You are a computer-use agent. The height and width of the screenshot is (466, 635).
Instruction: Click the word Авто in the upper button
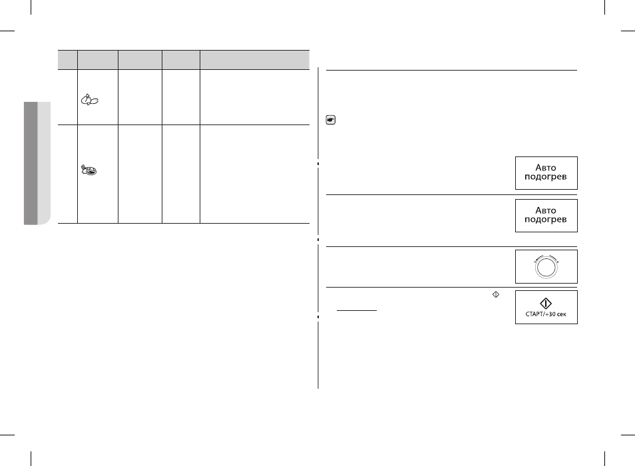pos(546,168)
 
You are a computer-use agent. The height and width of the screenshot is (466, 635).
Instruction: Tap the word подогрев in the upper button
pos(546,177)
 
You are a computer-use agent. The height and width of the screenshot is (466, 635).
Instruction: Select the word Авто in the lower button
pos(546,210)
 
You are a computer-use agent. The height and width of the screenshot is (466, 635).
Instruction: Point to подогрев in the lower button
pos(546,220)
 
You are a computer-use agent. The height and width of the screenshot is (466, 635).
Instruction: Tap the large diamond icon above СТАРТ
pos(546,304)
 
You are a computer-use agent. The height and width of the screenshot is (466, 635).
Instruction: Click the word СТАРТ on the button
pos(535,314)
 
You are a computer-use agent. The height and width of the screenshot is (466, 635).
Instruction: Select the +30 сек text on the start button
pos(556,314)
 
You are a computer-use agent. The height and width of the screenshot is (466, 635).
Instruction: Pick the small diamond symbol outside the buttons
pos(496,295)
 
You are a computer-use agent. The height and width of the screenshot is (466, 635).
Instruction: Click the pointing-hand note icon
pos(330,120)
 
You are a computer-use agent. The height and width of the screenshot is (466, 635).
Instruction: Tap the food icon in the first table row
pos(89,100)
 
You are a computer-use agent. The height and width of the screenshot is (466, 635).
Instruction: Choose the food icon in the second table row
pos(89,170)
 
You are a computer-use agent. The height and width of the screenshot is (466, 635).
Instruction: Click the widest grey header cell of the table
pos(255,60)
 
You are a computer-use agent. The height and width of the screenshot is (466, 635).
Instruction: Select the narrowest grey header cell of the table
pos(68,60)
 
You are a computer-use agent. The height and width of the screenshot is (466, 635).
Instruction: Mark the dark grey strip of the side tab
pos(31,163)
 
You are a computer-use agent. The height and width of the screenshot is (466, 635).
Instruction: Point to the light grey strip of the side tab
pos(44,163)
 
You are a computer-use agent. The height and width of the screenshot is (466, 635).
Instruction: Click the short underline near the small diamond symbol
pos(357,310)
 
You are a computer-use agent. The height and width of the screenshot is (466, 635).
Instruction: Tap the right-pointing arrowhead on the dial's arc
pos(558,262)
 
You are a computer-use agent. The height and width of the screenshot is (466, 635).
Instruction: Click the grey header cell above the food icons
pos(98,60)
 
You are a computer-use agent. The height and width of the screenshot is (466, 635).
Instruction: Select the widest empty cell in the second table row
pos(255,174)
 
